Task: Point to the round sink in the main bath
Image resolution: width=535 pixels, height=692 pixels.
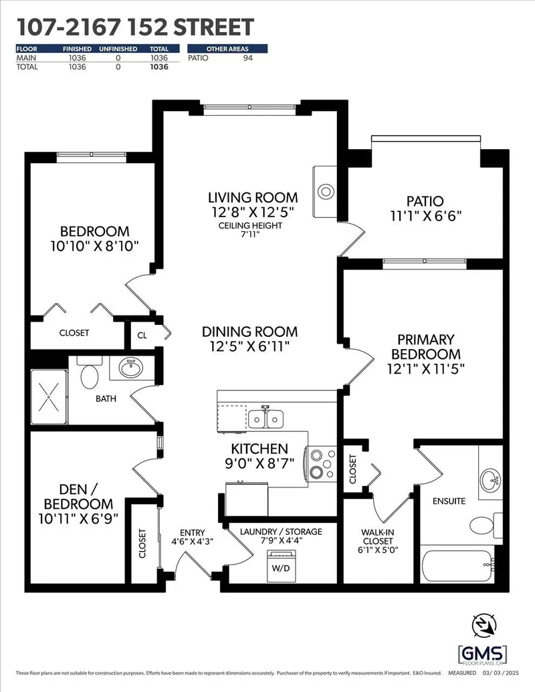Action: click(x=130, y=367)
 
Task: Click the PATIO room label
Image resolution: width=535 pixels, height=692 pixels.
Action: click(x=425, y=201)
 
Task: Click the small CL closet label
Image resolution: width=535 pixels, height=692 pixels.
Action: click(x=142, y=335)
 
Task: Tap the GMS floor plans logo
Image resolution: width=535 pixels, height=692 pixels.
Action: click(x=481, y=654)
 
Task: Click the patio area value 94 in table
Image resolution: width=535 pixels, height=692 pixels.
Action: click(x=247, y=58)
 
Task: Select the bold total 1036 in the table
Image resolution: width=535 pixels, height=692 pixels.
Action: click(x=158, y=67)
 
